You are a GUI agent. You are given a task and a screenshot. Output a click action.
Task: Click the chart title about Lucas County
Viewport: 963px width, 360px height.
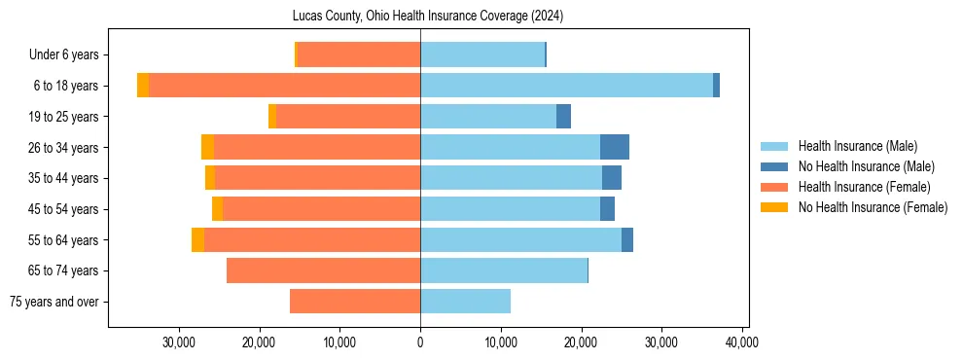428,17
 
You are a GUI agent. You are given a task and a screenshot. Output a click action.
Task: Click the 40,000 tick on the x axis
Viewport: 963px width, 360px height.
741,342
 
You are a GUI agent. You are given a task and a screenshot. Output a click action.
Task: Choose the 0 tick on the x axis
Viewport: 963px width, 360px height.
420,342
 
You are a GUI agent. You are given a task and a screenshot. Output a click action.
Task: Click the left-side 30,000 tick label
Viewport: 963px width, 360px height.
179,342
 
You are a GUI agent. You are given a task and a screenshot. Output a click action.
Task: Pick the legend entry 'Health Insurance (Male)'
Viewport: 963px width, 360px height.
857,146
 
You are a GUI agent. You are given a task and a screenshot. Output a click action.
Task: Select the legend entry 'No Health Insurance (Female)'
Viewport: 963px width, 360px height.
873,207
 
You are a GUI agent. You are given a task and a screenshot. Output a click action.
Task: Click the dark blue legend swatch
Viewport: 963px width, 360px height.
774,166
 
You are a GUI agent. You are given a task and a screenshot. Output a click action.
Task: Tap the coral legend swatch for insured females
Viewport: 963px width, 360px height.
774,187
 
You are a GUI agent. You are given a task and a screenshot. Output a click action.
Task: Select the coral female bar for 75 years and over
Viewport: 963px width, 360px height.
355,302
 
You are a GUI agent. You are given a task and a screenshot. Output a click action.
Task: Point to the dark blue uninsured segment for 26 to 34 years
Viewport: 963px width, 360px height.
615,147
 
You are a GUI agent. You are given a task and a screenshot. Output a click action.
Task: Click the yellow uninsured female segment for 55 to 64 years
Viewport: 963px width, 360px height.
197,239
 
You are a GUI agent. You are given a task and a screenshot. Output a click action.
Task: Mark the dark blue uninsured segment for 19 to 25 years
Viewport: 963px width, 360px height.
563,117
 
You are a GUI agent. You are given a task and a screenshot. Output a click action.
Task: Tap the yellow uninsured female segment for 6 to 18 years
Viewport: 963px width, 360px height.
143,86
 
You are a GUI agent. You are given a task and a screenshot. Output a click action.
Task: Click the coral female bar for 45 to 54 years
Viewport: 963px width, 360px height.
321,209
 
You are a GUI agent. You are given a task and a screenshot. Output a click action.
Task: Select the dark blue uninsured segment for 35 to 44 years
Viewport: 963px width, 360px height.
612,178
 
